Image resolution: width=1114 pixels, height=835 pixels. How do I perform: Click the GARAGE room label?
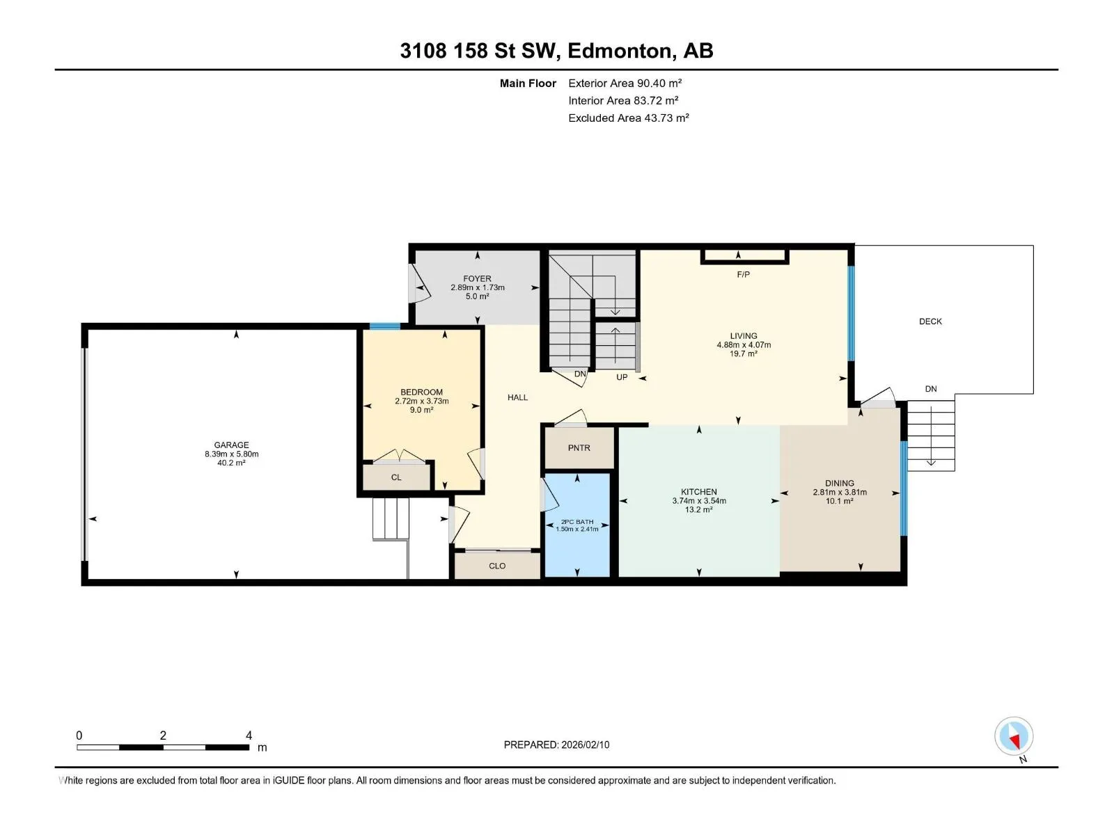[x=231, y=445]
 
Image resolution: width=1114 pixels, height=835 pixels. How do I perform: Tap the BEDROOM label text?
[x=421, y=392]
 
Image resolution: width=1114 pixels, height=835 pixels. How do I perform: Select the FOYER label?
[x=477, y=278]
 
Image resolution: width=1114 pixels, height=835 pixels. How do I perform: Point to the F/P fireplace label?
[x=743, y=274]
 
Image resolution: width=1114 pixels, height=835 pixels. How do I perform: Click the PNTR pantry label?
[x=579, y=447]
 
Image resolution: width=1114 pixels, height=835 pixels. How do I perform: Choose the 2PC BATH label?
[x=577, y=522]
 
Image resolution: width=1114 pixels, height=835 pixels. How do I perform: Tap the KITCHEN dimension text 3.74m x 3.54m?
[x=699, y=501]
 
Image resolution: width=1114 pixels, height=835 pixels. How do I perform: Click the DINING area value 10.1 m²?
[x=840, y=501]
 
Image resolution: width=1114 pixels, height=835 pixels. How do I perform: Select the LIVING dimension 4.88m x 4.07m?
[x=744, y=344]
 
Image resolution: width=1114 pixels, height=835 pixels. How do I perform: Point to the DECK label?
[x=930, y=321]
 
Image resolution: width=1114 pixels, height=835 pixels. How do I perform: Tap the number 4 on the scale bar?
[x=249, y=735]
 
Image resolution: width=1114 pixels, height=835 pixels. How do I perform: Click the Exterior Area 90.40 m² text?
[x=625, y=83]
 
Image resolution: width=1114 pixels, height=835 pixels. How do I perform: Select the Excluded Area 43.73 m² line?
[x=628, y=118]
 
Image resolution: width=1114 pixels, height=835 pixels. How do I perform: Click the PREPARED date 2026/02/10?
[x=585, y=745]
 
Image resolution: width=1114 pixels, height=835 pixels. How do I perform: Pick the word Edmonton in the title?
[x=622, y=51]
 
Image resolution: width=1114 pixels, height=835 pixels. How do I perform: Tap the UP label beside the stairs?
[x=622, y=377]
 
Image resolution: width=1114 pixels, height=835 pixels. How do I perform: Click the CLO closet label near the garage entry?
[x=497, y=566]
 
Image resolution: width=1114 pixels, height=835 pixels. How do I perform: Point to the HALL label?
[x=518, y=397]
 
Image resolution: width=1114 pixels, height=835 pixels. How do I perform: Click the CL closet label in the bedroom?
[x=396, y=477]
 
